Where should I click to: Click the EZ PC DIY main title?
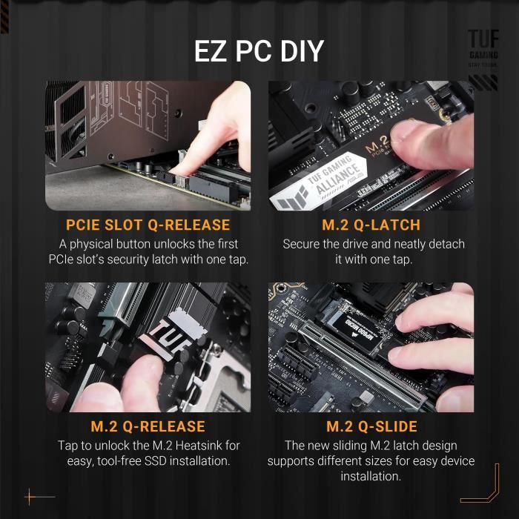tap(259, 51)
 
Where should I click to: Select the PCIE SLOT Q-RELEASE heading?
tap(148, 225)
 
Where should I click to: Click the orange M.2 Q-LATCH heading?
tap(371, 225)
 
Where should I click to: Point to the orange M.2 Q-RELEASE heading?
tap(148, 427)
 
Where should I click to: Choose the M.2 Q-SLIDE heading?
tap(371, 427)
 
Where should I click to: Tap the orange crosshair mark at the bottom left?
tap(30, 496)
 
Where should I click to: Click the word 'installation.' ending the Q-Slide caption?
tap(371, 477)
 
